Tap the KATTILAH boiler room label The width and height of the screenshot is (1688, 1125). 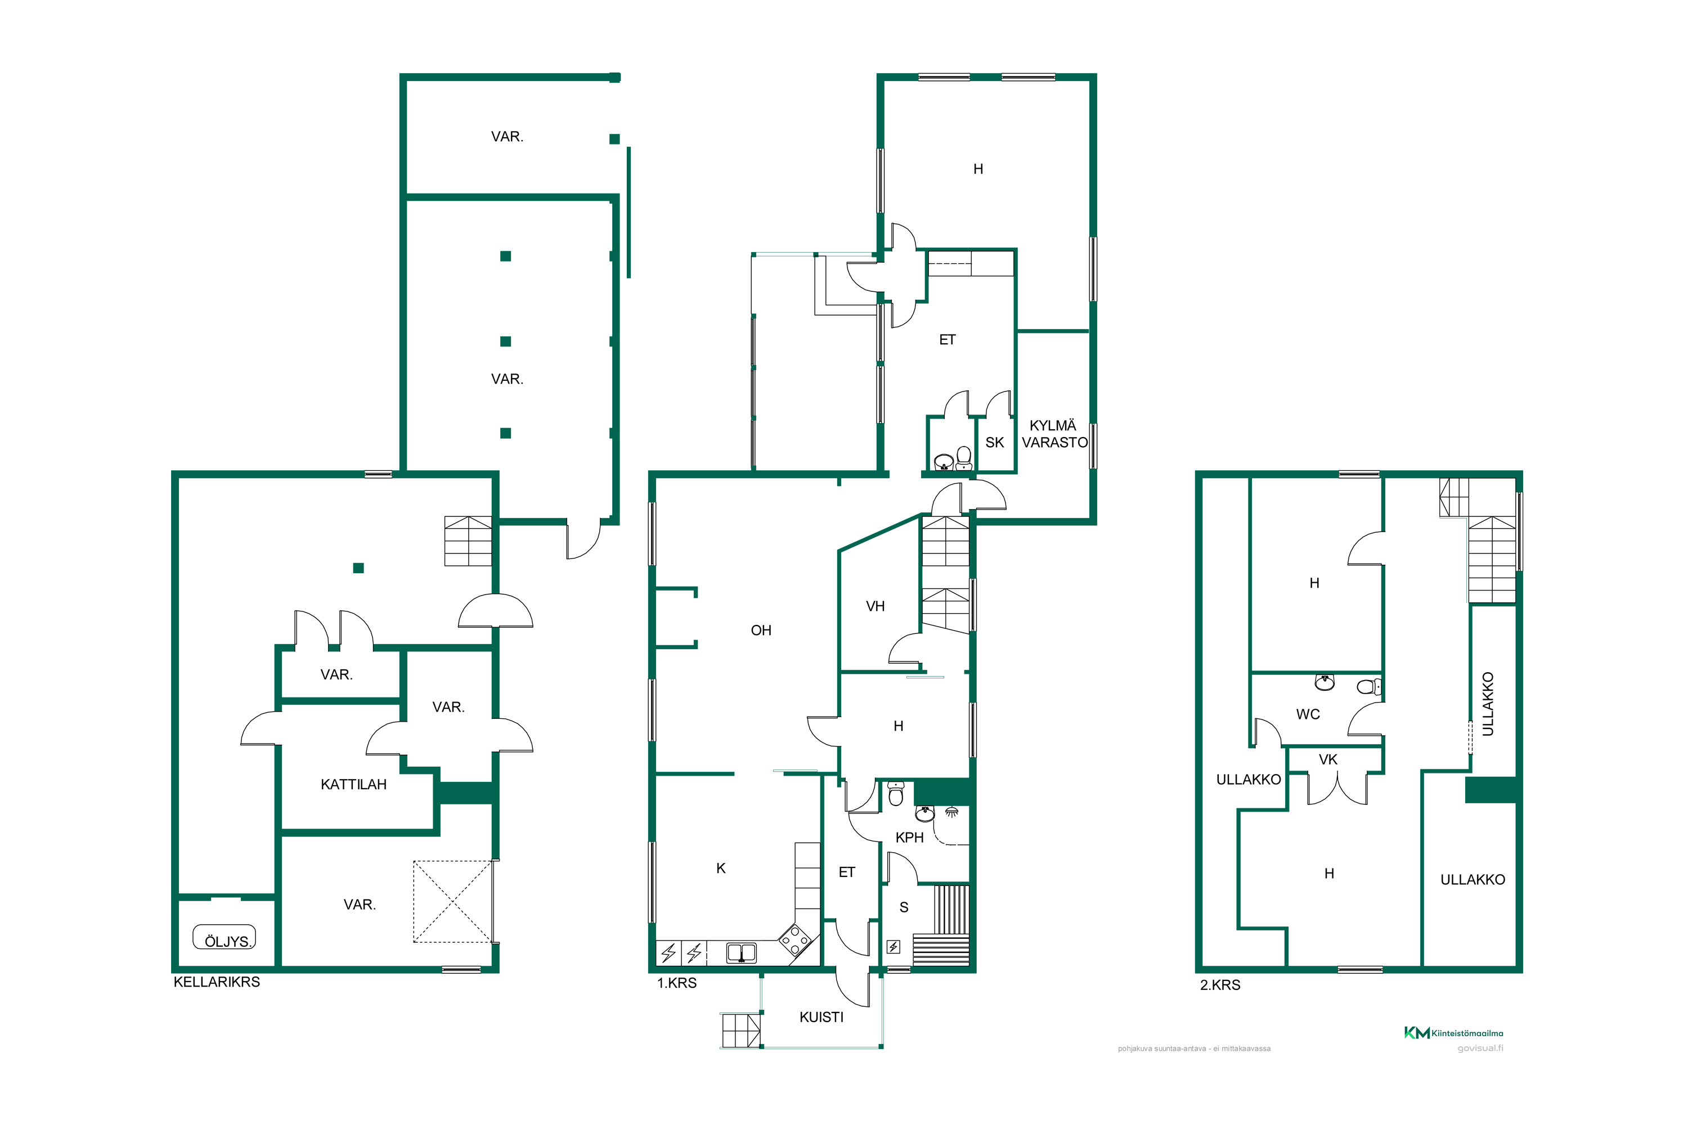click(x=353, y=784)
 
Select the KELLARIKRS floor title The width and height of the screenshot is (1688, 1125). click(x=217, y=982)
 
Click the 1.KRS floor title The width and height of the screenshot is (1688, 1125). click(x=677, y=983)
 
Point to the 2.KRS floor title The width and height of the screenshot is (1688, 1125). click(x=1220, y=985)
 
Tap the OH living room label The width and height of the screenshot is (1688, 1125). click(x=761, y=630)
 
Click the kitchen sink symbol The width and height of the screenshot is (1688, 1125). click(x=742, y=953)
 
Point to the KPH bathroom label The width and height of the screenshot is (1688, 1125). click(x=909, y=838)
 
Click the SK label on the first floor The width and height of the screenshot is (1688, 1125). click(x=995, y=443)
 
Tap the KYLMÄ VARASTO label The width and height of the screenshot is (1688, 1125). click(x=1054, y=434)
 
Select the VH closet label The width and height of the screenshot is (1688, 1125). click(x=875, y=606)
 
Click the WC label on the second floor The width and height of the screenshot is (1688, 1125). click(x=1308, y=714)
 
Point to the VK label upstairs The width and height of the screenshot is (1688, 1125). click(x=1328, y=759)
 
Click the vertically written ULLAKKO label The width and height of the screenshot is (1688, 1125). click(x=1488, y=704)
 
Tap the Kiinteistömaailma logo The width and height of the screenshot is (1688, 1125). click(x=1453, y=1033)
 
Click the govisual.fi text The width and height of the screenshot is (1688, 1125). click(x=1480, y=1048)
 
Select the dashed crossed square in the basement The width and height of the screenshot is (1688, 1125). click(x=453, y=901)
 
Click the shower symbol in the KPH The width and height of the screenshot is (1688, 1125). click(x=951, y=812)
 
